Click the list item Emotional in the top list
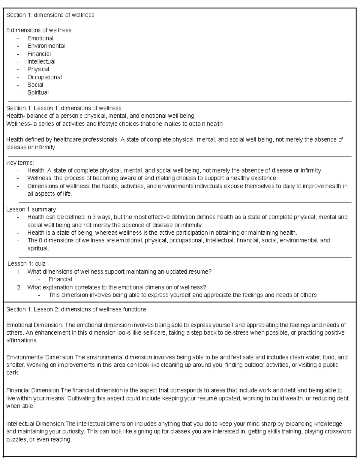[x=40, y=38]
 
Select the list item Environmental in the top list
[x=46, y=46]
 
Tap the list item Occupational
[x=44, y=77]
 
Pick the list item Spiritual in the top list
[x=38, y=92]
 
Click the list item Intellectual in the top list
[x=41, y=62]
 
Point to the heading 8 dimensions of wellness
[x=39, y=30]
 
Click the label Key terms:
[x=20, y=163]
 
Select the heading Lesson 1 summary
[x=31, y=209]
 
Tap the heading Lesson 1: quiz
[x=26, y=263]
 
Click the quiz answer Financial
[x=60, y=279]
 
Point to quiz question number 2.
[x=116, y=287]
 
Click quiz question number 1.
[x=119, y=272]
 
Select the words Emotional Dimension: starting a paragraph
[x=34, y=325]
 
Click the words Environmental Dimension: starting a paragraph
[x=40, y=357]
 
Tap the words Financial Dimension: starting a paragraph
[x=33, y=390]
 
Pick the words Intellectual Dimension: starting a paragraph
[x=35, y=424]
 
